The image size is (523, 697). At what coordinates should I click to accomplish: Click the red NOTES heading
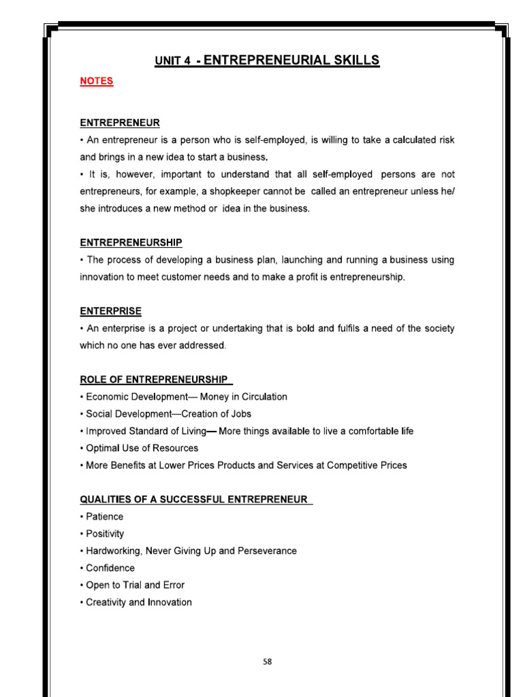97,81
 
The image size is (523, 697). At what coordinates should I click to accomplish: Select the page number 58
267,661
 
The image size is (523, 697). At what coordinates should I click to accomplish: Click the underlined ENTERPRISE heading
110,311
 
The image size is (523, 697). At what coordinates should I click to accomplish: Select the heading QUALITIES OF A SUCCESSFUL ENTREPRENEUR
194,499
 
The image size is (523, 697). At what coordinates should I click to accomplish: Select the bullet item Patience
104,517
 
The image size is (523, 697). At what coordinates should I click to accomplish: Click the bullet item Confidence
110,568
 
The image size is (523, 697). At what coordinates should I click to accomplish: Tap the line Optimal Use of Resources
141,448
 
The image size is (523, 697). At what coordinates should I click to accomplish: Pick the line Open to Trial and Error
134,585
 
